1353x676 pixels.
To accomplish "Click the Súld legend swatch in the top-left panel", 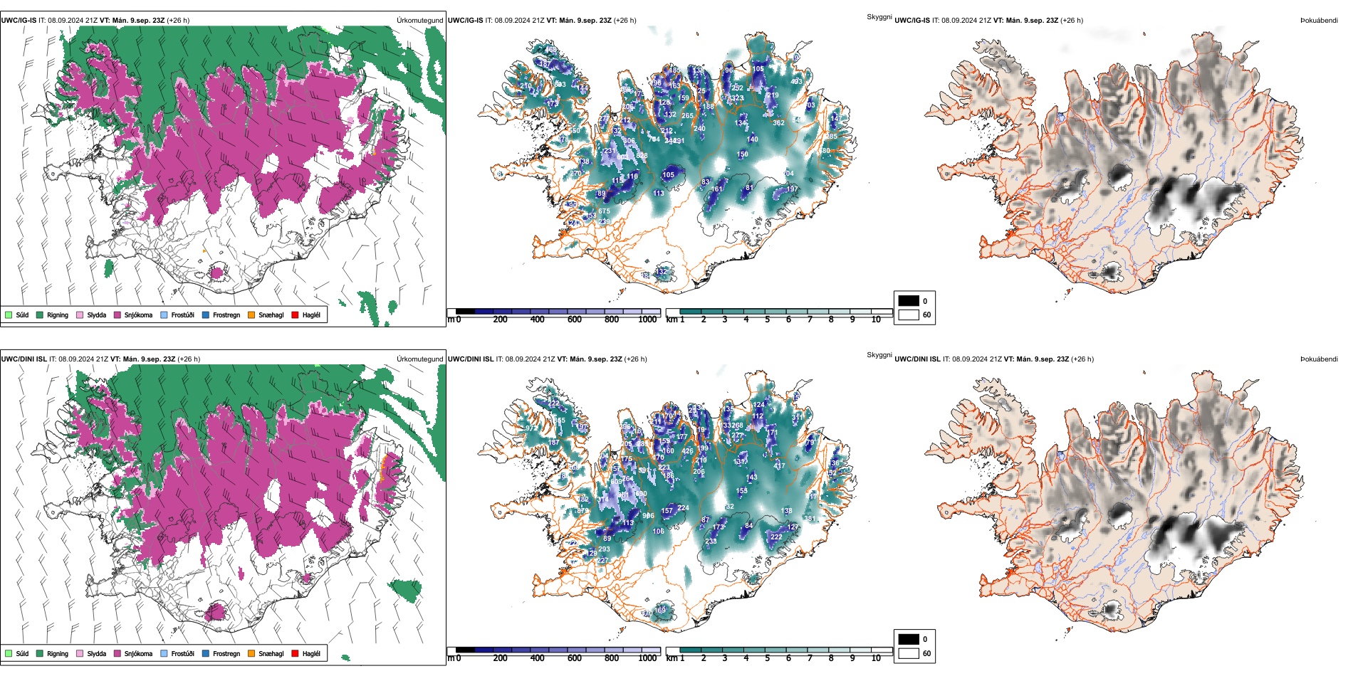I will click(x=9, y=315).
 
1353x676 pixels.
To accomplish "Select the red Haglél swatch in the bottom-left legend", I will click(x=295, y=653).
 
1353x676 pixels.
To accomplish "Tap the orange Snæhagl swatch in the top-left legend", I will click(x=251, y=315).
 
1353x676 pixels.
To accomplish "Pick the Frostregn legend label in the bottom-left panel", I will click(x=226, y=654).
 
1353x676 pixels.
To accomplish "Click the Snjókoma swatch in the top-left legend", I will click(x=117, y=315).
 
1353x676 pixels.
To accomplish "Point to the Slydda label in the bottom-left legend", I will click(x=97, y=654).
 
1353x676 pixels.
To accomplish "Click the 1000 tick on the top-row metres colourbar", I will click(x=647, y=320).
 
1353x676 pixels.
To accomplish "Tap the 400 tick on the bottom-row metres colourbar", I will click(x=537, y=658).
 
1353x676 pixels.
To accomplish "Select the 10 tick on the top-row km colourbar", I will click(x=876, y=320).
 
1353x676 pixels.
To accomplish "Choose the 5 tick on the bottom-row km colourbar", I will click(x=767, y=658).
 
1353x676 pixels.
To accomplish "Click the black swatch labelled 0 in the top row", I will click(x=909, y=301).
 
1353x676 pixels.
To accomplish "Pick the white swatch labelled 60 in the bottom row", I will click(x=909, y=653).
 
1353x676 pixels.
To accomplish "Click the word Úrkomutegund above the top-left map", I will click(x=419, y=21).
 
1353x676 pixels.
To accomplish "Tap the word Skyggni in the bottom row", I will click(x=879, y=355).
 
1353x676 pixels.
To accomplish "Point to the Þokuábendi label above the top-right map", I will click(x=1319, y=21).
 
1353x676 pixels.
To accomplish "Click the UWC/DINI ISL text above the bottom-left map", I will click(x=23, y=359).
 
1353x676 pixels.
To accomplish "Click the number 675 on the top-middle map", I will click(x=604, y=211).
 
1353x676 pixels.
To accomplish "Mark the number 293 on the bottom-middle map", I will click(x=604, y=549).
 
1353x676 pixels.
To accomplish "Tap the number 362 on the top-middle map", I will click(x=778, y=123).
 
